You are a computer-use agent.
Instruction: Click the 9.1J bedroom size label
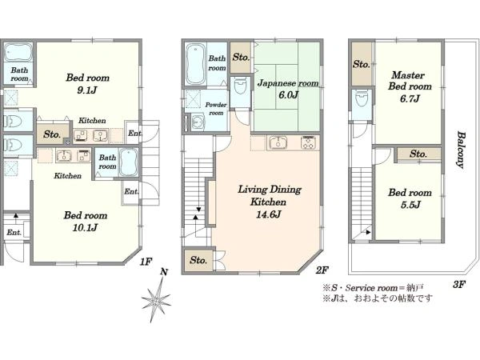[87, 83]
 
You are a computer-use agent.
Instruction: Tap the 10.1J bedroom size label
[86, 222]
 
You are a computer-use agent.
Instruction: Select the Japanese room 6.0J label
[288, 89]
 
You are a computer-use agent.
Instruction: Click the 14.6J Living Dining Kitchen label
[270, 202]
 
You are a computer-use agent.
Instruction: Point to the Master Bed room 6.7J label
[410, 86]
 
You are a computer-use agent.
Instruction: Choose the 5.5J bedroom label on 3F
[410, 198]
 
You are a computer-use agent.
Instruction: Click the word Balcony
[461, 150]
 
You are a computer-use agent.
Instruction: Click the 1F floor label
[146, 262]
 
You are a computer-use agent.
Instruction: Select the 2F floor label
[322, 270]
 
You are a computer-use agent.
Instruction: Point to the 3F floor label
[459, 285]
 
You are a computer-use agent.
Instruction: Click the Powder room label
[216, 109]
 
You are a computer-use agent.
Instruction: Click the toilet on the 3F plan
[362, 99]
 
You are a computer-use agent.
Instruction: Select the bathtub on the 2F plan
[196, 64]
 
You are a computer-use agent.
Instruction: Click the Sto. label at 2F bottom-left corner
[198, 260]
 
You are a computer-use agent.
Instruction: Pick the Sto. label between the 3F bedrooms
[418, 154]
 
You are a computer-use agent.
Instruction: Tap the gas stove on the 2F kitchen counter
[310, 142]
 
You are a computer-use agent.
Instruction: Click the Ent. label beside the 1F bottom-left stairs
[14, 233]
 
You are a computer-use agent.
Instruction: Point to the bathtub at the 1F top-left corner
[18, 52]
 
